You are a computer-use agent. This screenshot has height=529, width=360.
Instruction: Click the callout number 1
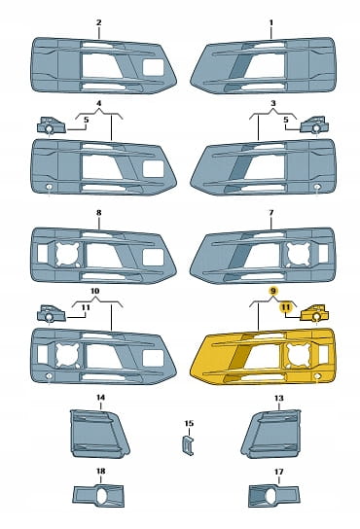[270, 23]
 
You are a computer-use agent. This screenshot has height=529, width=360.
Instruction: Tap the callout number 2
[98, 22]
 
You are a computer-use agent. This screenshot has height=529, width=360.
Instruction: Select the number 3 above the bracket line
[273, 103]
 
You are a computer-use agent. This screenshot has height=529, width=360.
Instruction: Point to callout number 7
[271, 213]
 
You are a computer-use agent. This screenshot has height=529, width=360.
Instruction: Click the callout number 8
[98, 213]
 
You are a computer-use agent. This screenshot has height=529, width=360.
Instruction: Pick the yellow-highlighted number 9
[273, 291]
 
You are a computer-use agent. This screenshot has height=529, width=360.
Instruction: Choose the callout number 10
[95, 291]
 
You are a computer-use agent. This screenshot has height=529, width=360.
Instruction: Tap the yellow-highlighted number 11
[286, 307]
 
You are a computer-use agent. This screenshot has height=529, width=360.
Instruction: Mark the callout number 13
[278, 398]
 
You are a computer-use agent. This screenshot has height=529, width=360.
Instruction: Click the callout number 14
[100, 398]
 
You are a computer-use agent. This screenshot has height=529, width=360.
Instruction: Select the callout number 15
[189, 423]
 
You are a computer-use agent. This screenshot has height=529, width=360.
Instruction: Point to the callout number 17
[278, 472]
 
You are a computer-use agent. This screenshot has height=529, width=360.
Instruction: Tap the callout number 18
[100, 471]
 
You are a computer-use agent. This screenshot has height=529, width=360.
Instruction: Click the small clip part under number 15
[188, 445]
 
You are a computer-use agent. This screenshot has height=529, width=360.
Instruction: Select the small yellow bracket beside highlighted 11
[313, 313]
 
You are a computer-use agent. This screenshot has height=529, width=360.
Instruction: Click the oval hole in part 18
[103, 496]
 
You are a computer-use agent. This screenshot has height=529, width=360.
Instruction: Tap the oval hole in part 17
[270, 496]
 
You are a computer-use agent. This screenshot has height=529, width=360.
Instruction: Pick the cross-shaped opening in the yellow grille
[299, 355]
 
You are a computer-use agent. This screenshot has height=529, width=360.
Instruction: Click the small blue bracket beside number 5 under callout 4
[51, 125]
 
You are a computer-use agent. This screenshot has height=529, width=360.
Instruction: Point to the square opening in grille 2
[153, 67]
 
